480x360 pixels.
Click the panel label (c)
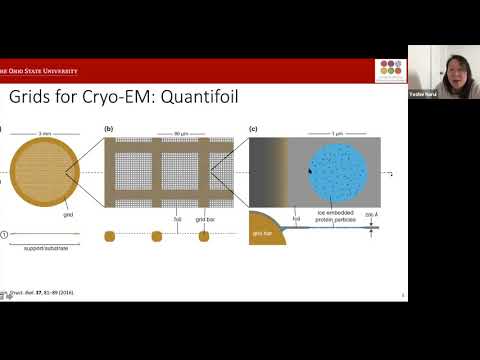tap(253, 129)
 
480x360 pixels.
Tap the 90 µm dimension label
tap(170, 131)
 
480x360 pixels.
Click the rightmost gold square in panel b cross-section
tap(204, 237)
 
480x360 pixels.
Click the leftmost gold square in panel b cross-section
tap(110, 237)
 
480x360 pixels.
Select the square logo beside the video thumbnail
tap(389, 71)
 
